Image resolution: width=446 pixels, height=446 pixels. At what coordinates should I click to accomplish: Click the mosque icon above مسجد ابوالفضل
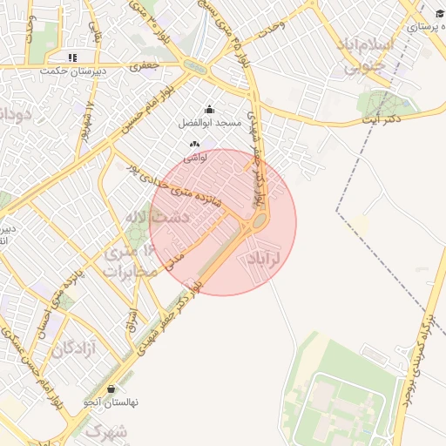pyautogui.click(x=209, y=110)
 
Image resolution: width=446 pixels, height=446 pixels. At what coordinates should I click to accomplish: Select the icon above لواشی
pyautogui.click(x=195, y=143)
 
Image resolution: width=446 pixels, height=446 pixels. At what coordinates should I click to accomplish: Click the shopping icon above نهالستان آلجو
pyautogui.click(x=111, y=389)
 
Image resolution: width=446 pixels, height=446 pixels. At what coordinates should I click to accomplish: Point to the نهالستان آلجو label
pyautogui.click(x=111, y=402)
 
